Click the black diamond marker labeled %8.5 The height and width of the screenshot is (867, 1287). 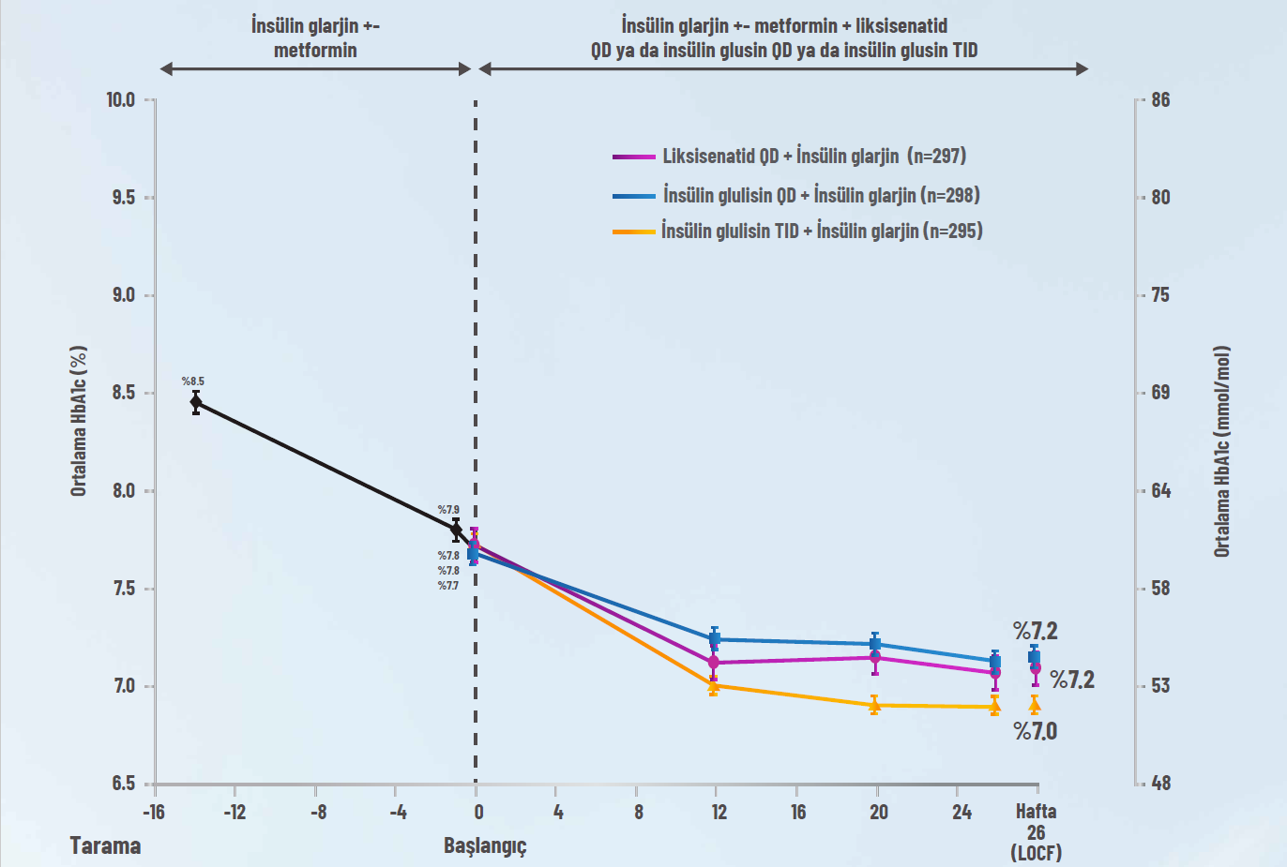pos(196,402)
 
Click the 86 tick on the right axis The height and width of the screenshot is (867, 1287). pos(1160,99)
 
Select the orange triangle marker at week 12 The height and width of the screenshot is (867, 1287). pos(714,686)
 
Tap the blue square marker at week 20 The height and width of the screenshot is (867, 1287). pos(875,644)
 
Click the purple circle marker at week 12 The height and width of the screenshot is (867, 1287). pos(714,663)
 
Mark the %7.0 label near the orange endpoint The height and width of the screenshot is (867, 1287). pos(1035,731)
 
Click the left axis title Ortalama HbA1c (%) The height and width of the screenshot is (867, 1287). pos(79,421)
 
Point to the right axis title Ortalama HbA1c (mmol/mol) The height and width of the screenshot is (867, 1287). pos(1221,452)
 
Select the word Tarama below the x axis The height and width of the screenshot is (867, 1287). pos(105,845)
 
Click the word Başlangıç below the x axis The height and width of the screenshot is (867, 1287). pos(485,845)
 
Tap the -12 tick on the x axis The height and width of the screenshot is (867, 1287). pos(235,812)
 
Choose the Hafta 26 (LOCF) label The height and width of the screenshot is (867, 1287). pos(1036,831)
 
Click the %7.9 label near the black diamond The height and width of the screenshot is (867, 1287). pos(448,510)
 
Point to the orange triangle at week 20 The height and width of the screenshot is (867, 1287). pos(874,706)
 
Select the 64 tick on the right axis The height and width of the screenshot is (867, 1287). pos(1160,490)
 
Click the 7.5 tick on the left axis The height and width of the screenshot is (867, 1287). pos(124,589)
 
